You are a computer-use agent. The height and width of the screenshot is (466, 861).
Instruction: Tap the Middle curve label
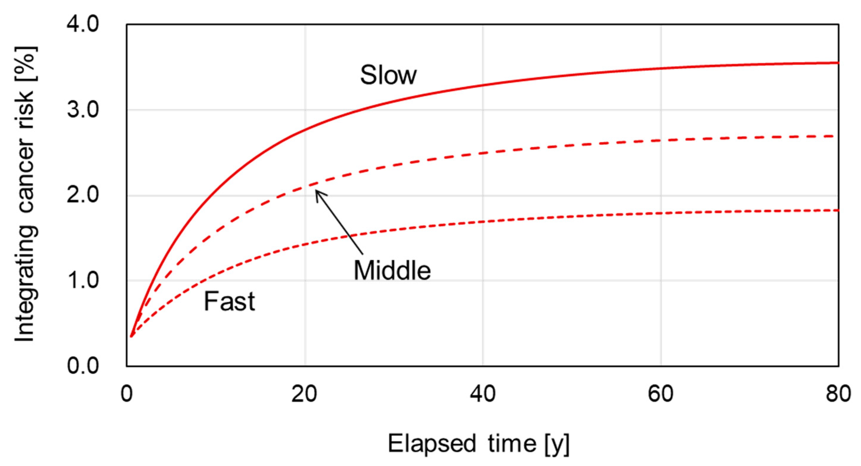392,270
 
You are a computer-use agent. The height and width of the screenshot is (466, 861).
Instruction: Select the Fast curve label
229,301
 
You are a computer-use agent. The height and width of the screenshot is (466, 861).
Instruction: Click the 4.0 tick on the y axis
83,25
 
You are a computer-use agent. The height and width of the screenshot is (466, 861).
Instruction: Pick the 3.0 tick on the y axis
83,110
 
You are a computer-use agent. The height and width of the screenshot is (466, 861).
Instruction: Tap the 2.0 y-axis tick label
83,195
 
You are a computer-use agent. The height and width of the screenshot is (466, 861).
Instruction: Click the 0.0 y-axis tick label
83,366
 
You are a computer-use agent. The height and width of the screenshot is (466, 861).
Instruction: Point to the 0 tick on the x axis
127,394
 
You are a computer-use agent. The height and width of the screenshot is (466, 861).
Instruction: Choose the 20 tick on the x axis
304,394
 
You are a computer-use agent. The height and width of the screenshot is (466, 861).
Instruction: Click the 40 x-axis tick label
482,394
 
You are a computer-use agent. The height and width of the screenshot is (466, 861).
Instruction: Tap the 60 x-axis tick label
661,394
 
